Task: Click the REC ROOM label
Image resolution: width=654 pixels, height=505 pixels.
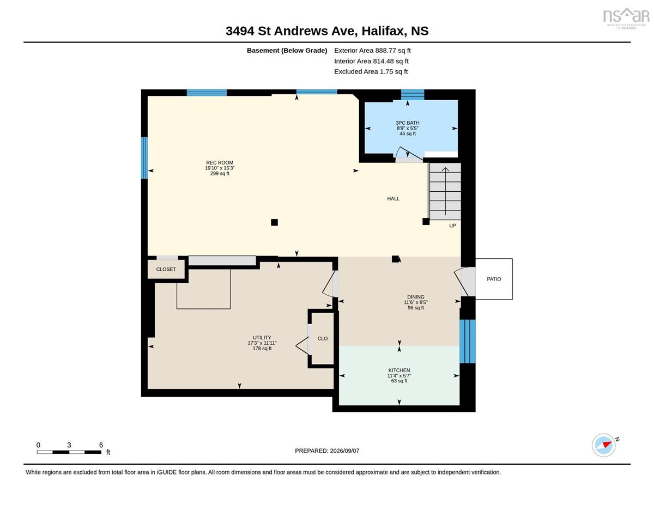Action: [x=220, y=163]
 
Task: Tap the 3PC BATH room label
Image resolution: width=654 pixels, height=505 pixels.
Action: [x=407, y=123]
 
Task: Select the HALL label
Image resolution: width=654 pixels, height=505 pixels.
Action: [x=393, y=198]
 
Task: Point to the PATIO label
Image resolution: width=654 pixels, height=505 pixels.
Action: [x=494, y=279]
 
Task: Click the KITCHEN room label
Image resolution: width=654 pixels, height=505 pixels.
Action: [x=399, y=370]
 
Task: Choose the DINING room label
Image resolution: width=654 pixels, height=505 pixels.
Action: [x=416, y=297]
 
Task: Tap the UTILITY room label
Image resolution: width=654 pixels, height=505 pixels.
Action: [x=262, y=337]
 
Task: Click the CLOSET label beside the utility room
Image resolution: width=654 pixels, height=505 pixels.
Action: [x=166, y=269]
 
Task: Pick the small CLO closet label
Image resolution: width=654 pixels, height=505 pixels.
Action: [x=322, y=338]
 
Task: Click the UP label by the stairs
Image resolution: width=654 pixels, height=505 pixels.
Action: [x=452, y=226]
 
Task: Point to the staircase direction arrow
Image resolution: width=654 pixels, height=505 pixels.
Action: [x=445, y=191]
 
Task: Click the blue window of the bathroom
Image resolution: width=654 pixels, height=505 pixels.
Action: [x=413, y=94]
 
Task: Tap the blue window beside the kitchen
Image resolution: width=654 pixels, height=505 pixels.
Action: [x=468, y=341]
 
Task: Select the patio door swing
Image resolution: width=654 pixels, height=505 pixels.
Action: [x=461, y=282]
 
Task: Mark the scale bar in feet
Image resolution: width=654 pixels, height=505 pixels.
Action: [x=69, y=452]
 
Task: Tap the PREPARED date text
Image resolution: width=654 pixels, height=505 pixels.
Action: [x=327, y=451]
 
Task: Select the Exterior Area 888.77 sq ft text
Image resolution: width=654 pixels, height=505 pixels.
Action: [x=372, y=51]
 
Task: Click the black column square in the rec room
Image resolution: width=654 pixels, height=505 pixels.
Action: [x=274, y=222]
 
